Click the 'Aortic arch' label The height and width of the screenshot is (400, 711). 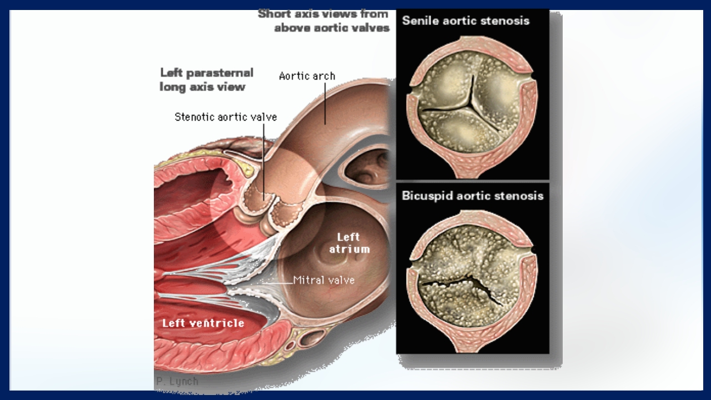[x=307, y=76]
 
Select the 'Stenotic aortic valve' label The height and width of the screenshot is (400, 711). [x=226, y=117]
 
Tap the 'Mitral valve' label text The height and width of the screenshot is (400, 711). [x=324, y=280]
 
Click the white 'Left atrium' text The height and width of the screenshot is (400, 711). [x=349, y=243]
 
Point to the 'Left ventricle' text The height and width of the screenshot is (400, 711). [x=203, y=323]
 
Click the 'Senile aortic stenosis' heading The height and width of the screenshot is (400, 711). [x=465, y=21]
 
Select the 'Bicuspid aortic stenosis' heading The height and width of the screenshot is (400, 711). [x=473, y=196]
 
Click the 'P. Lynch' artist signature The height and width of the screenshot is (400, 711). [x=176, y=382]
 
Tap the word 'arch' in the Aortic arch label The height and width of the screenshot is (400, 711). [x=324, y=76]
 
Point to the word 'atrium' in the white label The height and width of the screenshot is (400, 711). [x=349, y=249]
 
